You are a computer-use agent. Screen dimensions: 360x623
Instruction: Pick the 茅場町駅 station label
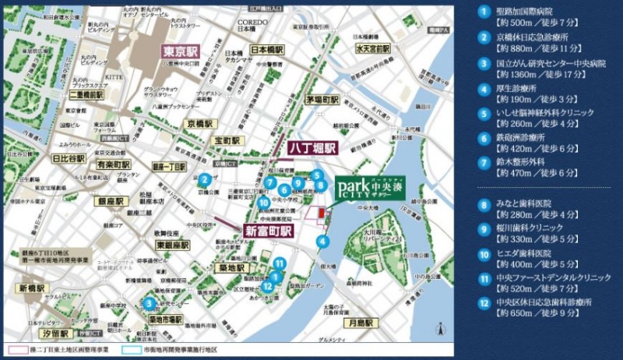coord(322,100)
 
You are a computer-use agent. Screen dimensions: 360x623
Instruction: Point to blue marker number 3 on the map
coord(148,303)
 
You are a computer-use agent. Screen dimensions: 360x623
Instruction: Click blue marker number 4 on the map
coord(322,242)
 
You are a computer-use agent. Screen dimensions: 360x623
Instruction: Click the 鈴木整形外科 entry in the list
coord(525,161)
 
